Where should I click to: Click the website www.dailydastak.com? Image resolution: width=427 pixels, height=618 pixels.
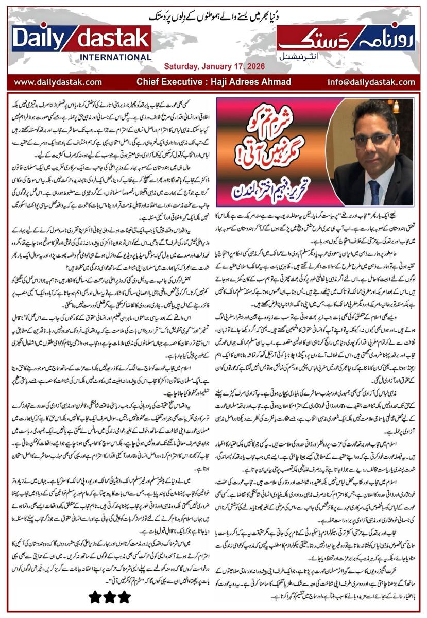coord(58,82)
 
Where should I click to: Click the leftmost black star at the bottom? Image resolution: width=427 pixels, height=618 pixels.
coord(96,597)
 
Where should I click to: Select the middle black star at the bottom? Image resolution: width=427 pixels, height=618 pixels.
coord(110,597)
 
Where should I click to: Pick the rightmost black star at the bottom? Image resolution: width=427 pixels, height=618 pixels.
coord(124,597)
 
